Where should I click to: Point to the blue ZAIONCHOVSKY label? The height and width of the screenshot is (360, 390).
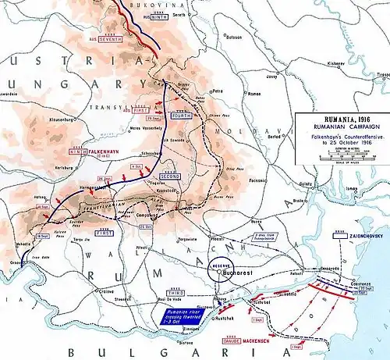[x=358, y=233]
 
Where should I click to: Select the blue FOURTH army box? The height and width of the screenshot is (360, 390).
[x=182, y=116]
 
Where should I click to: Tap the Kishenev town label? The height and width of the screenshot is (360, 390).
[x=336, y=62]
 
